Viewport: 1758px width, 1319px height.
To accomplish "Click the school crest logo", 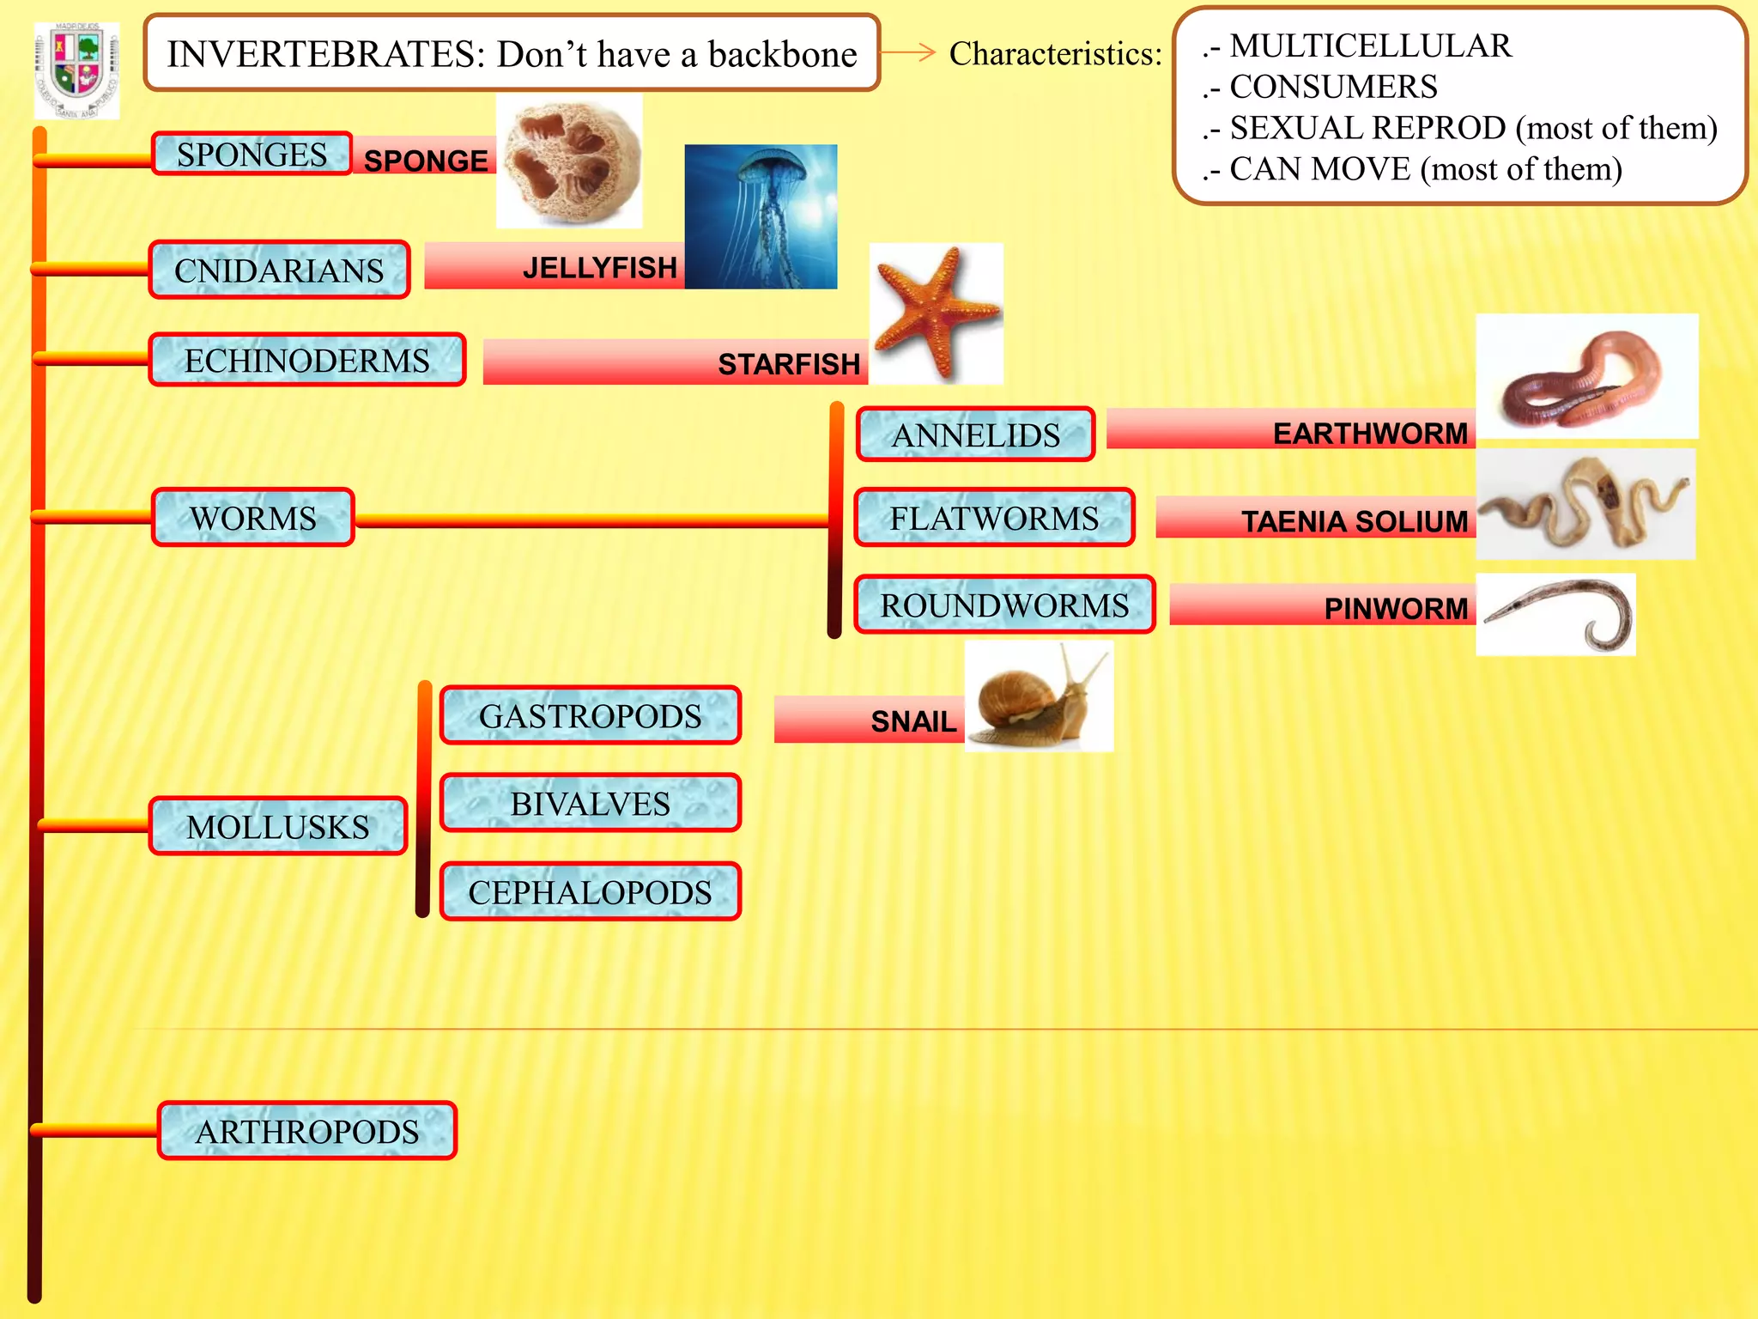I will coord(76,70).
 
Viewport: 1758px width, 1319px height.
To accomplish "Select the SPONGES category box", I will coord(252,155).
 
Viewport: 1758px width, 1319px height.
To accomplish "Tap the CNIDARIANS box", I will coord(279,270).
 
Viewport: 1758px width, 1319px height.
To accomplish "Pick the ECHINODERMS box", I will coord(306,361).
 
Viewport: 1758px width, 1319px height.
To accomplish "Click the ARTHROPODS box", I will coord(306,1132).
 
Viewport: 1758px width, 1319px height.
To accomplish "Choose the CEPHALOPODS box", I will coord(590,892).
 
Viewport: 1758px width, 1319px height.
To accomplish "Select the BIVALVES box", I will coord(590,804).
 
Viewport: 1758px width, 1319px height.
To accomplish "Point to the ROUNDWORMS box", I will coord(1004,605).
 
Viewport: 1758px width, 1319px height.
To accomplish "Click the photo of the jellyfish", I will coord(761,216).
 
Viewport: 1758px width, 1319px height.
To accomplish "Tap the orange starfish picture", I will coord(936,313).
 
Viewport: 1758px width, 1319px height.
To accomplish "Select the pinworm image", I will coord(1555,615).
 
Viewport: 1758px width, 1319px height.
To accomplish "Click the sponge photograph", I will coord(569,161).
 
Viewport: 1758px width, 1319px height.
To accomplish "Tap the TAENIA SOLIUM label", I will coord(1354,521).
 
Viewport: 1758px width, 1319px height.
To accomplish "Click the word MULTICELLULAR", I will coord(1370,46).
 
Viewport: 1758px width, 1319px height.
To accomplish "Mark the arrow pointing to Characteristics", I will coord(907,53).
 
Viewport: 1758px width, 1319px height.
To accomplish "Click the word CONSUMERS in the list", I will coord(1333,87).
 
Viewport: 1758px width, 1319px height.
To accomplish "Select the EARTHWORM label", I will coord(1370,434).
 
